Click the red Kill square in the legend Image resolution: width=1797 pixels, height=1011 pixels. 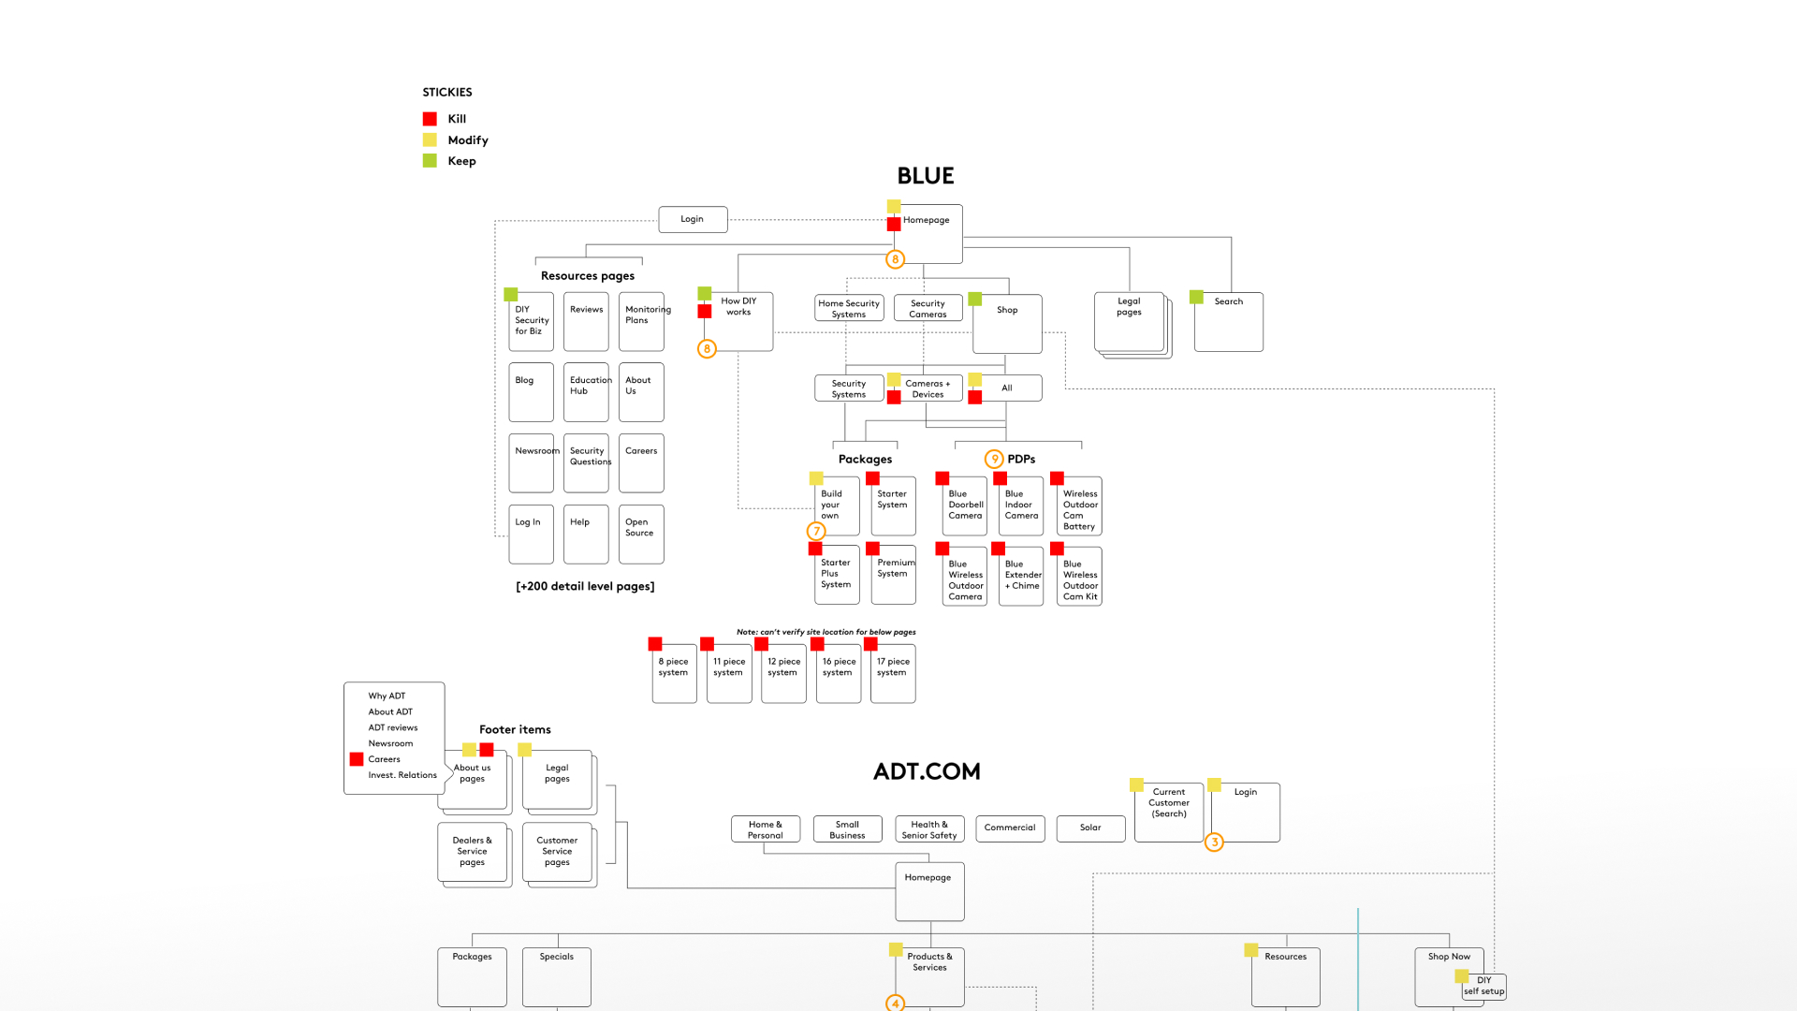[x=430, y=119]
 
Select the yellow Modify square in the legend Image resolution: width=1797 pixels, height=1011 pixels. [x=430, y=139]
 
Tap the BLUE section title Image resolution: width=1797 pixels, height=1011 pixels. [x=926, y=176]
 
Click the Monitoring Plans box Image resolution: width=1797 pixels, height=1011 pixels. [x=641, y=322]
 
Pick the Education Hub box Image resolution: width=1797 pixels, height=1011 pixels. [x=586, y=392]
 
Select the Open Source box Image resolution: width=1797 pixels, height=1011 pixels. [x=641, y=535]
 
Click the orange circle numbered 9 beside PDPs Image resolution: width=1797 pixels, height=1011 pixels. [x=994, y=459]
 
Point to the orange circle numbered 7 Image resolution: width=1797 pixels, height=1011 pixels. [x=816, y=531]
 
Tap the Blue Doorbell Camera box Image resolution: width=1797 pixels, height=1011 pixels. [x=965, y=506]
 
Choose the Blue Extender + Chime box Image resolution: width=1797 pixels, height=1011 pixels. [x=1021, y=577]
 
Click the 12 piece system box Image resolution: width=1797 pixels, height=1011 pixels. [x=783, y=673]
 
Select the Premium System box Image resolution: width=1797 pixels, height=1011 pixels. [x=894, y=576]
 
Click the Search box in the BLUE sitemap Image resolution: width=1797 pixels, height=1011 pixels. [x=1229, y=322]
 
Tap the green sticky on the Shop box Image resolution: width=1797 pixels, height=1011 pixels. [x=975, y=299]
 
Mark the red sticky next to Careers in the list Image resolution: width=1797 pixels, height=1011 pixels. [x=357, y=759]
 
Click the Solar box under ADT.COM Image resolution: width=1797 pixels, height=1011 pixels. [x=1090, y=828]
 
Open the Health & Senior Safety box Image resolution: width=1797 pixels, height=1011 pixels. [x=929, y=829]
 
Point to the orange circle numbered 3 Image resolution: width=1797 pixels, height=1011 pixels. [x=1215, y=842]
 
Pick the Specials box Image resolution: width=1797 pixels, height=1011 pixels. [x=557, y=976]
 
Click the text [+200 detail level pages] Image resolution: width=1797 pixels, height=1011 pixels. [x=585, y=586]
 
